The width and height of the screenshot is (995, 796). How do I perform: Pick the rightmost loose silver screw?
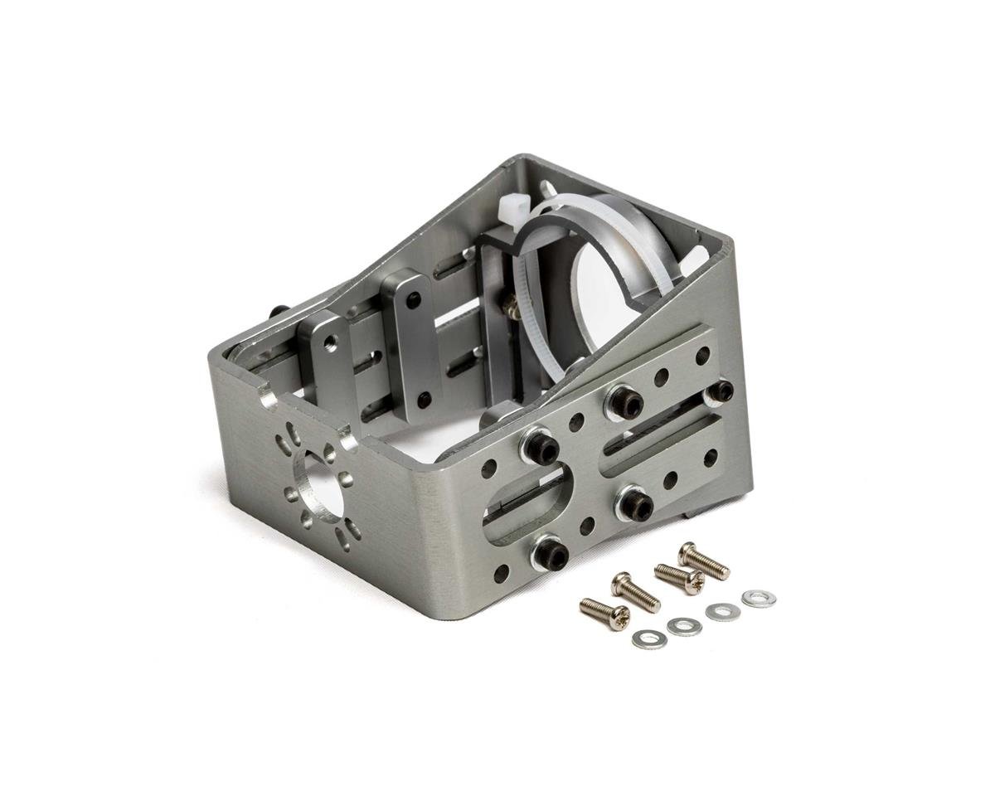tap(704, 561)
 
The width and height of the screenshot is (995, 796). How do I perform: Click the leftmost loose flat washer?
tap(648, 639)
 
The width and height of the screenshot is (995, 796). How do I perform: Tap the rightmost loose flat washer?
tap(759, 599)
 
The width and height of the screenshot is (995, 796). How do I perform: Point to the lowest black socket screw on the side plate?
tap(551, 554)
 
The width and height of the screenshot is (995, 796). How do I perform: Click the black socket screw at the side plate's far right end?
tap(719, 391)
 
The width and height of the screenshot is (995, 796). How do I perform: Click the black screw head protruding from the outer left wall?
tap(279, 311)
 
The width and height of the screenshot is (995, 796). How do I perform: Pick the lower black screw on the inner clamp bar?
tap(424, 400)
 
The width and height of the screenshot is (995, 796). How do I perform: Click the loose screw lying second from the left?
tap(635, 592)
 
